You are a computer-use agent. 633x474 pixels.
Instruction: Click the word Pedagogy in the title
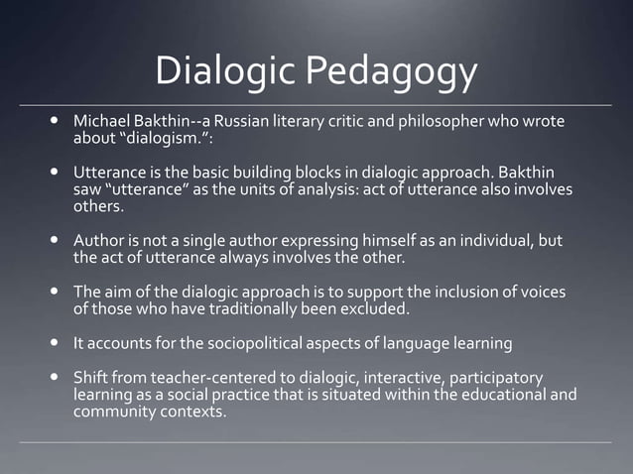391,73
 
